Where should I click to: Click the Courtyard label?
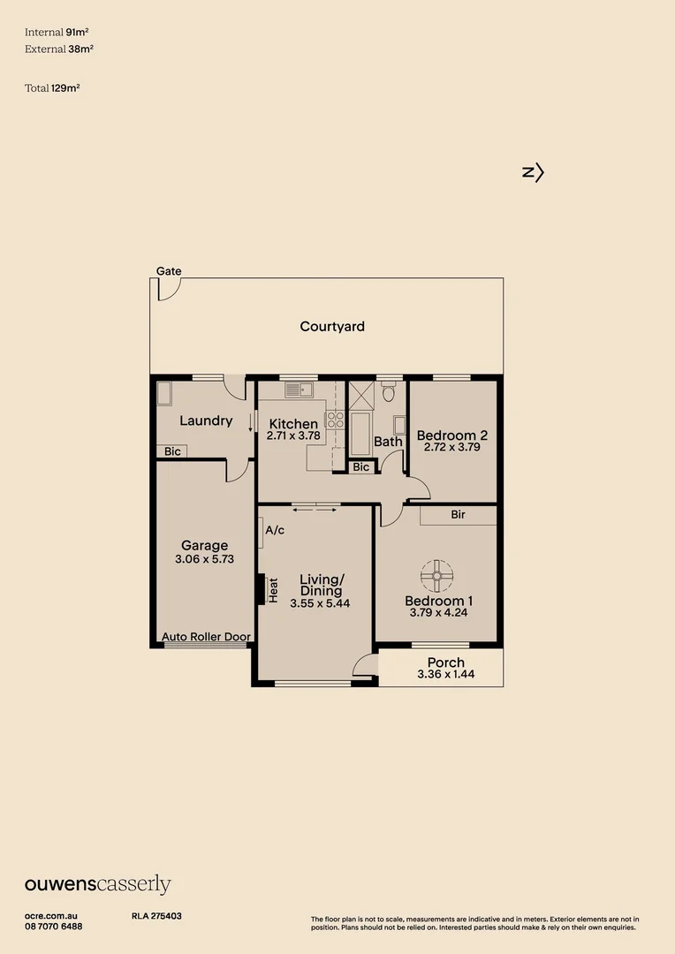tap(331, 327)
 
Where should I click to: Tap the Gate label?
tap(169, 271)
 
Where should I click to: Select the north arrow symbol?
tap(533, 173)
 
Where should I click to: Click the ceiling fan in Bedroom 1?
tap(437, 576)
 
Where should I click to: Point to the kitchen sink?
tap(299, 390)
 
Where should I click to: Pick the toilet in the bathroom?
tap(389, 390)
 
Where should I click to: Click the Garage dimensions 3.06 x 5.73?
tap(204, 559)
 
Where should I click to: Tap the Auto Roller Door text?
tap(207, 637)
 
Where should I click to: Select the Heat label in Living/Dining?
tap(273, 590)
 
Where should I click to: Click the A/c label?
tap(275, 531)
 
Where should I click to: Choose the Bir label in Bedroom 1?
tap(459, 515)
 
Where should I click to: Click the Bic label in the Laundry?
tap(172, 451)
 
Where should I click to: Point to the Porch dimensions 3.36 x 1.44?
tap(446, 674)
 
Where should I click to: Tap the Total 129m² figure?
tap(52, 88)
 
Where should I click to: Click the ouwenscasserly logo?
tap(98, 884)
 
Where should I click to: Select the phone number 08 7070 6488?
tap(54, 927)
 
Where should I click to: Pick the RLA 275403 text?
tap(156, 916)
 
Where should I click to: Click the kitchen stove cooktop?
tap(335, 420)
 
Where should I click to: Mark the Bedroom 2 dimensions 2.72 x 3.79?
tap(452, 447)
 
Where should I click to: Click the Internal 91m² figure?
tap(57, 33)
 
